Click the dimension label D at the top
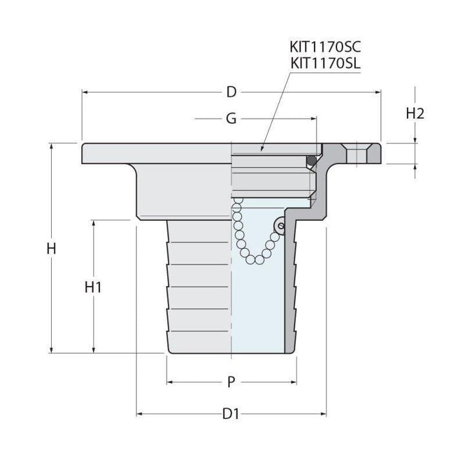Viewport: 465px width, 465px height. pos(231,92)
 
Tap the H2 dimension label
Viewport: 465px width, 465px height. pos(415,113)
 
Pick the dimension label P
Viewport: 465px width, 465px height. pos(231,382)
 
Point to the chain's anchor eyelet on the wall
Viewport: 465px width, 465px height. pos(280,225)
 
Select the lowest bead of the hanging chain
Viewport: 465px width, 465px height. pos(258,260)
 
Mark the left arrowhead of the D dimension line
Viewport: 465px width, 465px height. pos(85,92)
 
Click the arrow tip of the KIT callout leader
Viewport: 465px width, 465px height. pos(262,151)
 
